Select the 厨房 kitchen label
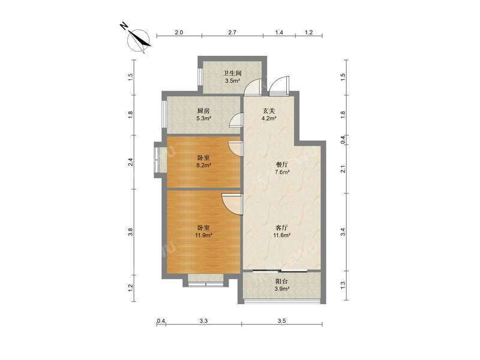(203, 111)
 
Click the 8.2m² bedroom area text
(204, 166)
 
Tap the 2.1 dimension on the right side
(343, 169)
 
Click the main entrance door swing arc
(279, 88)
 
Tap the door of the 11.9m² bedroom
(230, 202)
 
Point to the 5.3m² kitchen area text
(203, 119)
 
